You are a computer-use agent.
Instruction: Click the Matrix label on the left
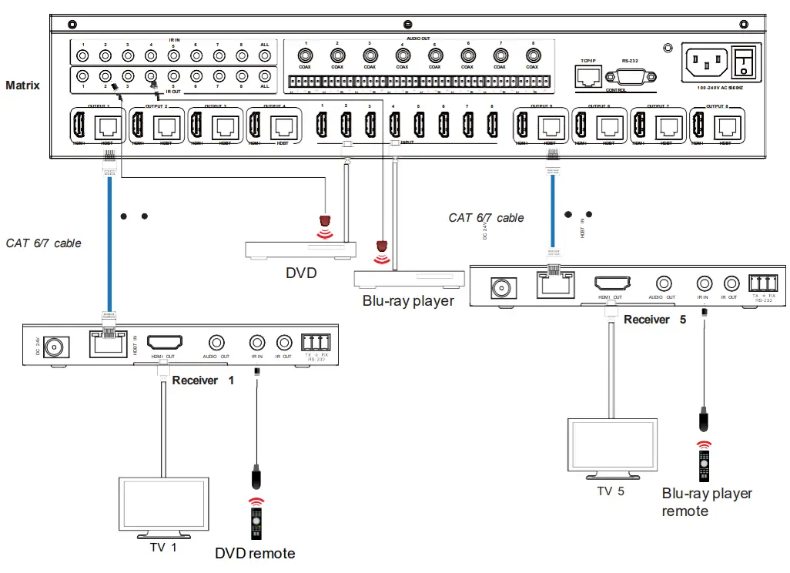pos(22,85)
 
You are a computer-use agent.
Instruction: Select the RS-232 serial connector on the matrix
pos(629,77)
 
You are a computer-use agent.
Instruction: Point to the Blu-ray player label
pos(408,300)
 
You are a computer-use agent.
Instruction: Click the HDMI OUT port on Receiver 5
pos(611,284)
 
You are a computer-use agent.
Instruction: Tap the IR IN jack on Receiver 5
pos(703,284)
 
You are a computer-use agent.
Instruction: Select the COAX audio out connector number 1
pos(305,55)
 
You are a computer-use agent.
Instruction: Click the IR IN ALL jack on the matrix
pos(265,55)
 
